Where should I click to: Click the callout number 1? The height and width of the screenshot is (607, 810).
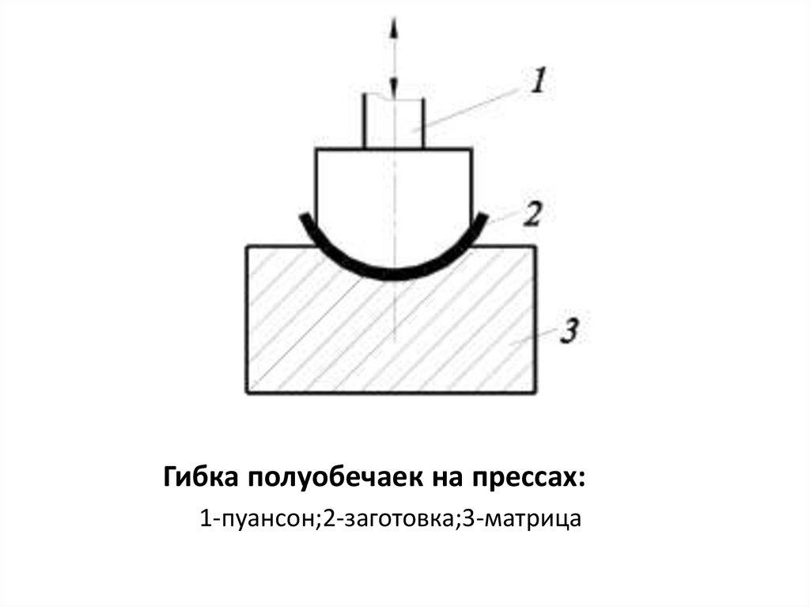[537, 81]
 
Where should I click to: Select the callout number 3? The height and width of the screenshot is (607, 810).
[570, 331]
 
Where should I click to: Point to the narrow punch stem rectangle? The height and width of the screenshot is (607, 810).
[393, 123]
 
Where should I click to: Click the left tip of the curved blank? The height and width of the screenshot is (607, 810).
[302, 216]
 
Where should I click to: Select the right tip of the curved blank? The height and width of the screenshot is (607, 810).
[486, 216]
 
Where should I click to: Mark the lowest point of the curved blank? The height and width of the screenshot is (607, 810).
[394, 276]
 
